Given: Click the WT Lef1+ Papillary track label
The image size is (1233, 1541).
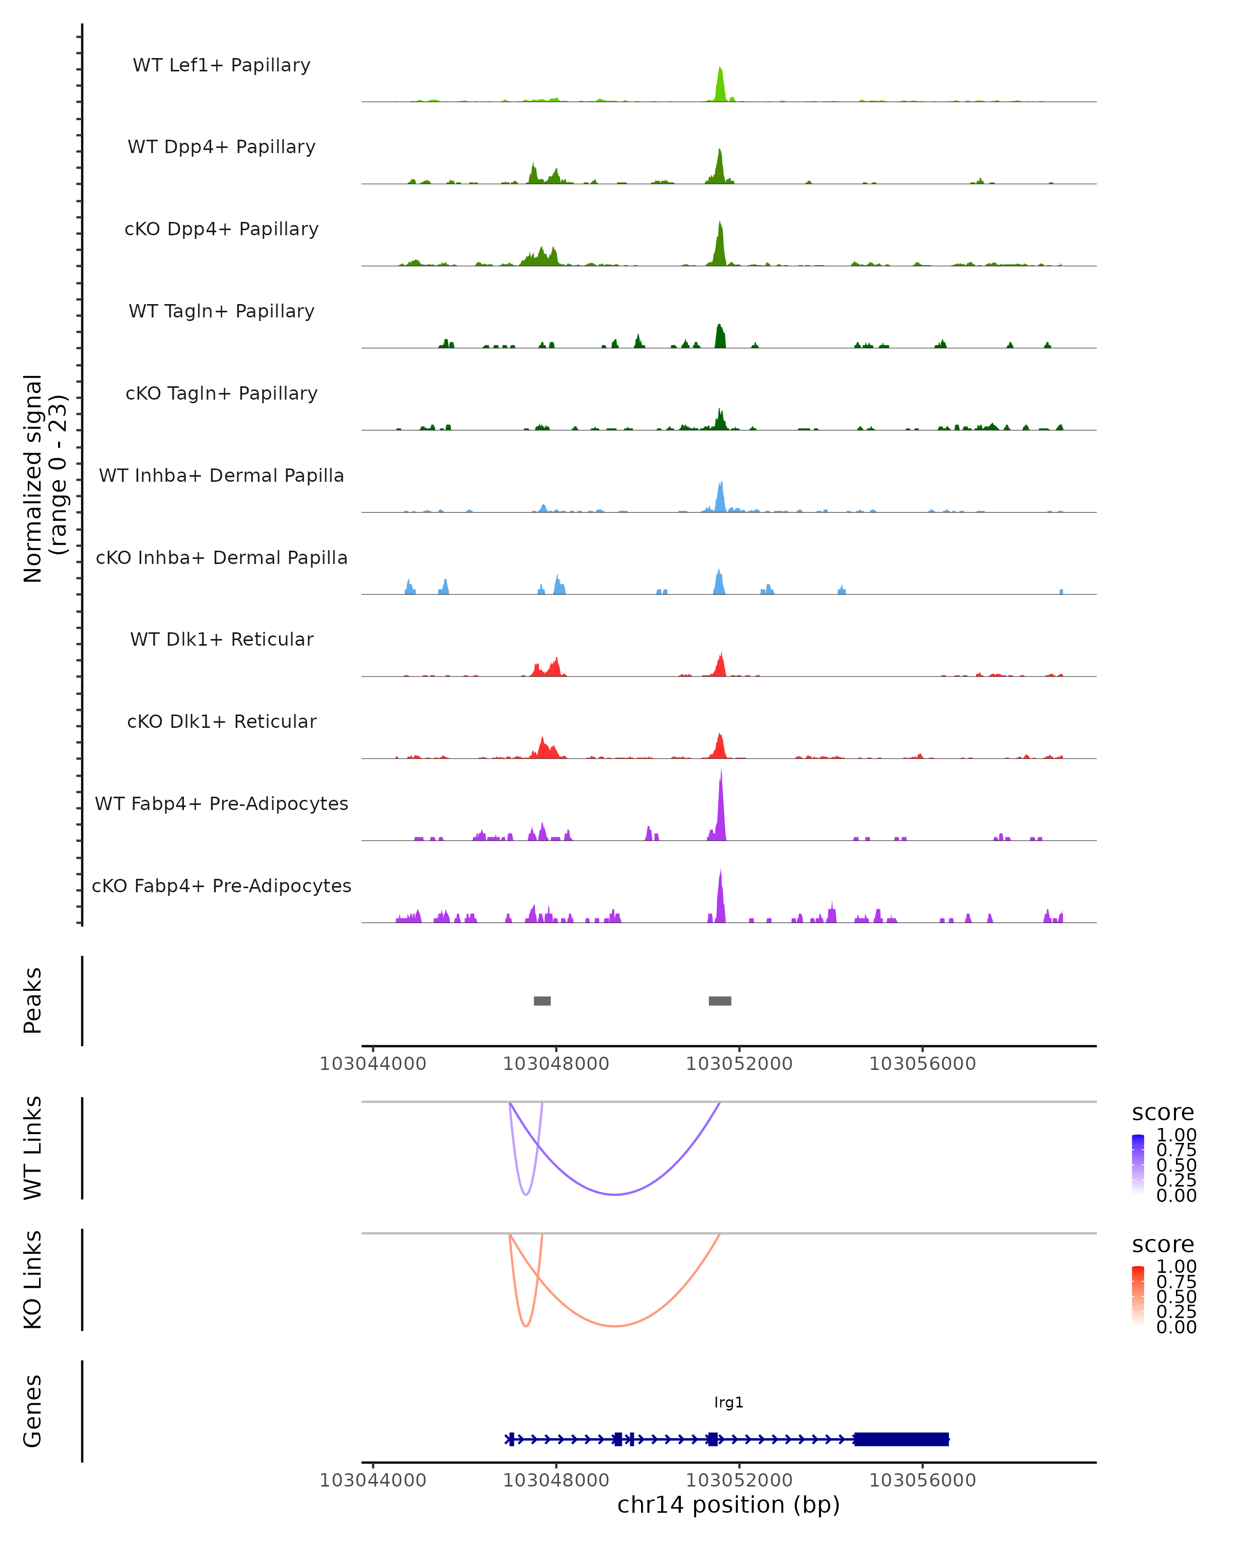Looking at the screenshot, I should pos(221,66).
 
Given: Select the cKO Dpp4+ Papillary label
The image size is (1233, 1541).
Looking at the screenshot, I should pos(221,230).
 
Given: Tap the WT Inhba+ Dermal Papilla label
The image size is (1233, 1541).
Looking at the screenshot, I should pos(221,476).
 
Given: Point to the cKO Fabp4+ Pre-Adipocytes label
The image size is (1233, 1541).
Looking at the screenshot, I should pos(221,886).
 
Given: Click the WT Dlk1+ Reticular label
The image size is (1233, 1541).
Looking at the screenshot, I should pos(221,640).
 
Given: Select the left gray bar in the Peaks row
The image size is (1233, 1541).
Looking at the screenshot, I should pos(542,1001).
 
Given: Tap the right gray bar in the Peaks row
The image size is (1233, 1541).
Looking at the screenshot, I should pos(720,1001).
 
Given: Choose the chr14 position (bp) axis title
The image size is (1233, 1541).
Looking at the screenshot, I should pos(728,1505).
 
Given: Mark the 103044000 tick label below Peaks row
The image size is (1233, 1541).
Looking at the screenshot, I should pos(372,1064).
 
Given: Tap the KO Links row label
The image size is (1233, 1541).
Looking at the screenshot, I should pos(33,1280).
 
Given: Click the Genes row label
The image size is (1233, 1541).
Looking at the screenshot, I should pos(33,1411).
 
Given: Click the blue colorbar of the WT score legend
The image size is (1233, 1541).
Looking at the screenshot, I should pos(1138,1164).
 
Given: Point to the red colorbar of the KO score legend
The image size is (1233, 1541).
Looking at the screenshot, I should pos(1138,1296).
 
